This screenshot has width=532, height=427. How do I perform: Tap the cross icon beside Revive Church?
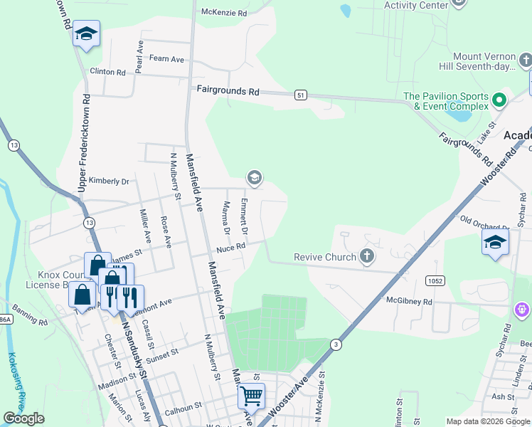[367, 256]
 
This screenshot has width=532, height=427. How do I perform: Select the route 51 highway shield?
[302, 94]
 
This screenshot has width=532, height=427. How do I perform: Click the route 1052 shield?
[435, 282]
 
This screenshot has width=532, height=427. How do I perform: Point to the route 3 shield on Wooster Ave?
[334, 344]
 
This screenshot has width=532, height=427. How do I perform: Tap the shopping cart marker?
[250, 395]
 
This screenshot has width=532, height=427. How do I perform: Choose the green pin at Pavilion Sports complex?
[499, 100]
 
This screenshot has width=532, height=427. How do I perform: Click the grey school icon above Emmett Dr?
[253, 177]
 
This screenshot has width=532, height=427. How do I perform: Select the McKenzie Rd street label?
[224, 13]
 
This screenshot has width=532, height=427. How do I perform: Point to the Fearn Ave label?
[167, 59]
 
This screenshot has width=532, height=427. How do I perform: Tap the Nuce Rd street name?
[231, 248]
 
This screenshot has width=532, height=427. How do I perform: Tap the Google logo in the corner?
[24, 418]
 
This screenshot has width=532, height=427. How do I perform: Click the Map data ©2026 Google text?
[487, 421]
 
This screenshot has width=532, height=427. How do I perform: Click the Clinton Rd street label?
[107, 72]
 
